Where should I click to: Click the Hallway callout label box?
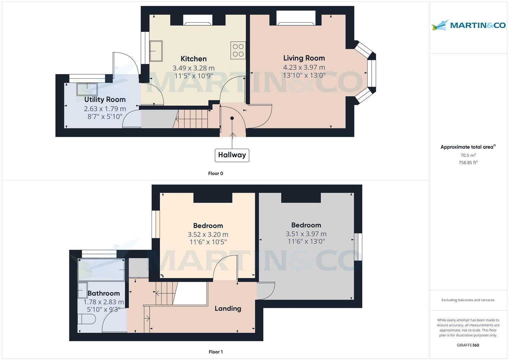(x=232, y=155)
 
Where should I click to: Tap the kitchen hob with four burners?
(x=238, y=50)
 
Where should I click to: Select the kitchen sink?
(x=156, y=51)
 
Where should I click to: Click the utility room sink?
(x=87, y=89)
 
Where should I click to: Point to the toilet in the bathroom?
(x=86, y=319)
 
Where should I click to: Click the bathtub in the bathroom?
(x=101, y=270)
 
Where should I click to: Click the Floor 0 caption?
(x=216, y=173)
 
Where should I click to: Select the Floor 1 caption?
(x=216, y=352)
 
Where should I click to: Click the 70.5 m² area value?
(x=468, y=155)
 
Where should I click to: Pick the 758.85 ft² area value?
(x=468, y=162)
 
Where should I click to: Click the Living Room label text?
(x=304, y=58)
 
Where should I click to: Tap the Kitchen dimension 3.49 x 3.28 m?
(x=194, y=68)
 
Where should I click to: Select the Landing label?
(x=228, y=308)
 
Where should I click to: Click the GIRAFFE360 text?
(x=468, y=345)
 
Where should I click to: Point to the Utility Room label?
(x=105, y=100)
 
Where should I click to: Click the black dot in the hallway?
(x=232, y=118)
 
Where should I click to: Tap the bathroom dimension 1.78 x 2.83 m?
(x=104, y=302)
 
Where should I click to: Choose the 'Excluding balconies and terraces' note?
(x=468, y=300)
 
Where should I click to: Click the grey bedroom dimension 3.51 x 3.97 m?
(x=306, y=234)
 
